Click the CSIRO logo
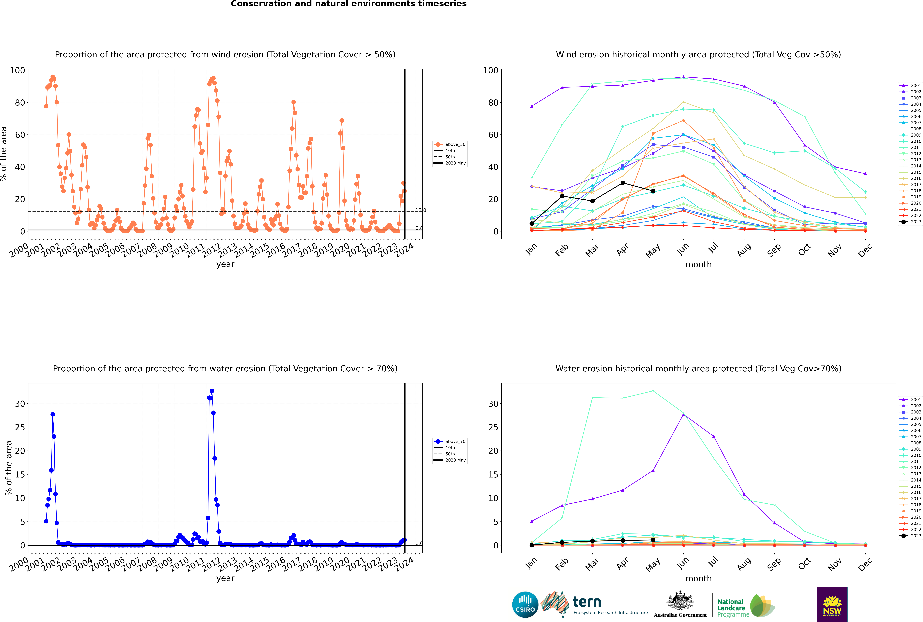[x=525, y=605]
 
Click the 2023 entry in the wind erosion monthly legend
[x=911, y=222]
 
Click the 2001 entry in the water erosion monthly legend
[x=911, y=400]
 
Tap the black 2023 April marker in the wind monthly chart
[x=623, y=183]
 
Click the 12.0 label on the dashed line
[x=421, y=210]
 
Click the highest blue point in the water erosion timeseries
[x=212, y=391]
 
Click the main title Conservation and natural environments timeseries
[x=349, y=4]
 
